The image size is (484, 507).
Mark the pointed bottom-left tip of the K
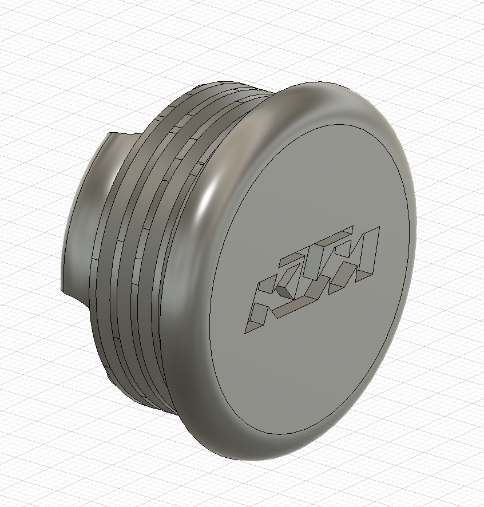point(245,332)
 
